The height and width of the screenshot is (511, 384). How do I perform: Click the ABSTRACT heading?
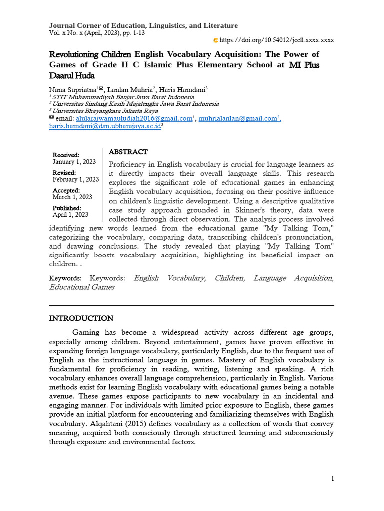tap(128, 152)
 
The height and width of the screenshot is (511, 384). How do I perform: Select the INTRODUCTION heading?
tap(81, 318)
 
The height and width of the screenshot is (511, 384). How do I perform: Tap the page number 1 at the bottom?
tap(332, 479)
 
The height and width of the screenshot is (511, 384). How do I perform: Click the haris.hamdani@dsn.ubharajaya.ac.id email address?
tap(104, 127)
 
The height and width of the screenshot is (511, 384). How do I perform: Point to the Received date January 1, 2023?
tap(74, 162)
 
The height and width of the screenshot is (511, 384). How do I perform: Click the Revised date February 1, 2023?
tap(76, 179)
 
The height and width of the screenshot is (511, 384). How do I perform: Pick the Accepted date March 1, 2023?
tap(72, 197)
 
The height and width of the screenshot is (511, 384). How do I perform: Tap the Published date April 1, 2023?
tap(70, 215)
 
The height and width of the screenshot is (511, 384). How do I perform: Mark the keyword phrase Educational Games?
tap(82, 287)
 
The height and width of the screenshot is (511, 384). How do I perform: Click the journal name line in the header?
tap(143, 26)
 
